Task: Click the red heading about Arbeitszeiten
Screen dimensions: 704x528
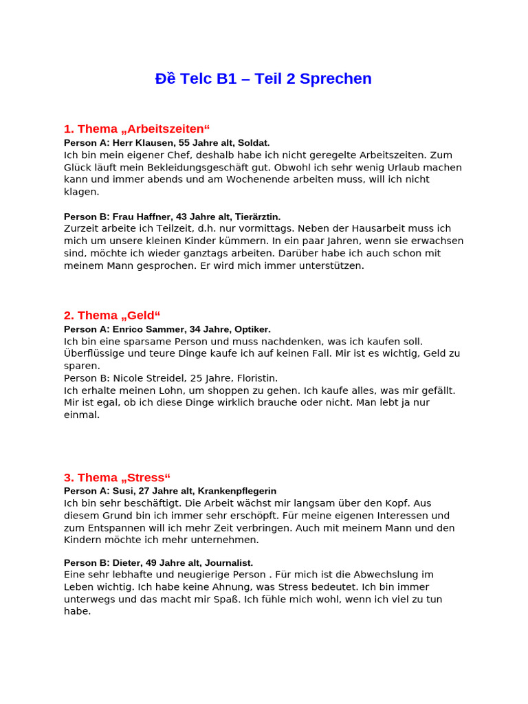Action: point(136,129)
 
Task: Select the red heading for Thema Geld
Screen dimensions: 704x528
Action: point(111,316)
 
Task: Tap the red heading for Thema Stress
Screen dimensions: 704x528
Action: point(117,478)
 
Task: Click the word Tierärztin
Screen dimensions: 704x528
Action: point(257,217)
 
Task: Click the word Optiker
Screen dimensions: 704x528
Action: point(253,329)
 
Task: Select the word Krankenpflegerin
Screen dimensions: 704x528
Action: point(236,491)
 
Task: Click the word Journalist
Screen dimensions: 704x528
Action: point(229,562)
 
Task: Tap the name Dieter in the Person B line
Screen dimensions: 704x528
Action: point(126,562)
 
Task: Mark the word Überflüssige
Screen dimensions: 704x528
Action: point(92,353)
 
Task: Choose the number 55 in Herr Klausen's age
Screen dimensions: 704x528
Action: point(184,143)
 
